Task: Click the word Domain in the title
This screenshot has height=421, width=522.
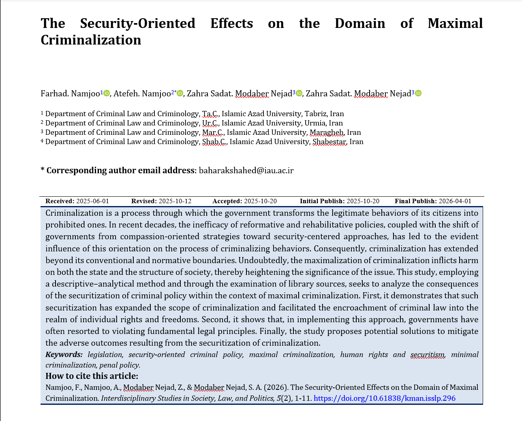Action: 360,23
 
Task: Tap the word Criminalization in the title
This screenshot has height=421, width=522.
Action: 91,40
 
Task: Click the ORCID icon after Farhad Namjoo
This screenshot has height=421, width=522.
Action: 107,94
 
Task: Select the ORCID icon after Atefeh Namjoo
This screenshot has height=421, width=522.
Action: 180,94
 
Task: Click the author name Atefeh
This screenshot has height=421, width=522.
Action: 126,94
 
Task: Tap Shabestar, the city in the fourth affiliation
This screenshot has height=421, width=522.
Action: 329,142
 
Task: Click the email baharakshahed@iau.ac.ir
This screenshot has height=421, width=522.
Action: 246,170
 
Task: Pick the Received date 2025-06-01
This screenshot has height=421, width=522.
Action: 92,201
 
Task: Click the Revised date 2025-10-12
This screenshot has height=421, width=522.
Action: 175,201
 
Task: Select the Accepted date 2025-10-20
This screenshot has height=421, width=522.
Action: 260,201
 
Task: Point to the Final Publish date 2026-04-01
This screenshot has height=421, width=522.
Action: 455,201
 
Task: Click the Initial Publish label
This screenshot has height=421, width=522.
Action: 322,201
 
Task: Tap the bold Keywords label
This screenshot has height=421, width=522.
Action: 64,355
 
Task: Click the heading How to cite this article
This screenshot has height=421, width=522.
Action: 92,376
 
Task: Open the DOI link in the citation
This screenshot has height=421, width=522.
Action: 385,398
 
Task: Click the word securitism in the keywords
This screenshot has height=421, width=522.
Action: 428,355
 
